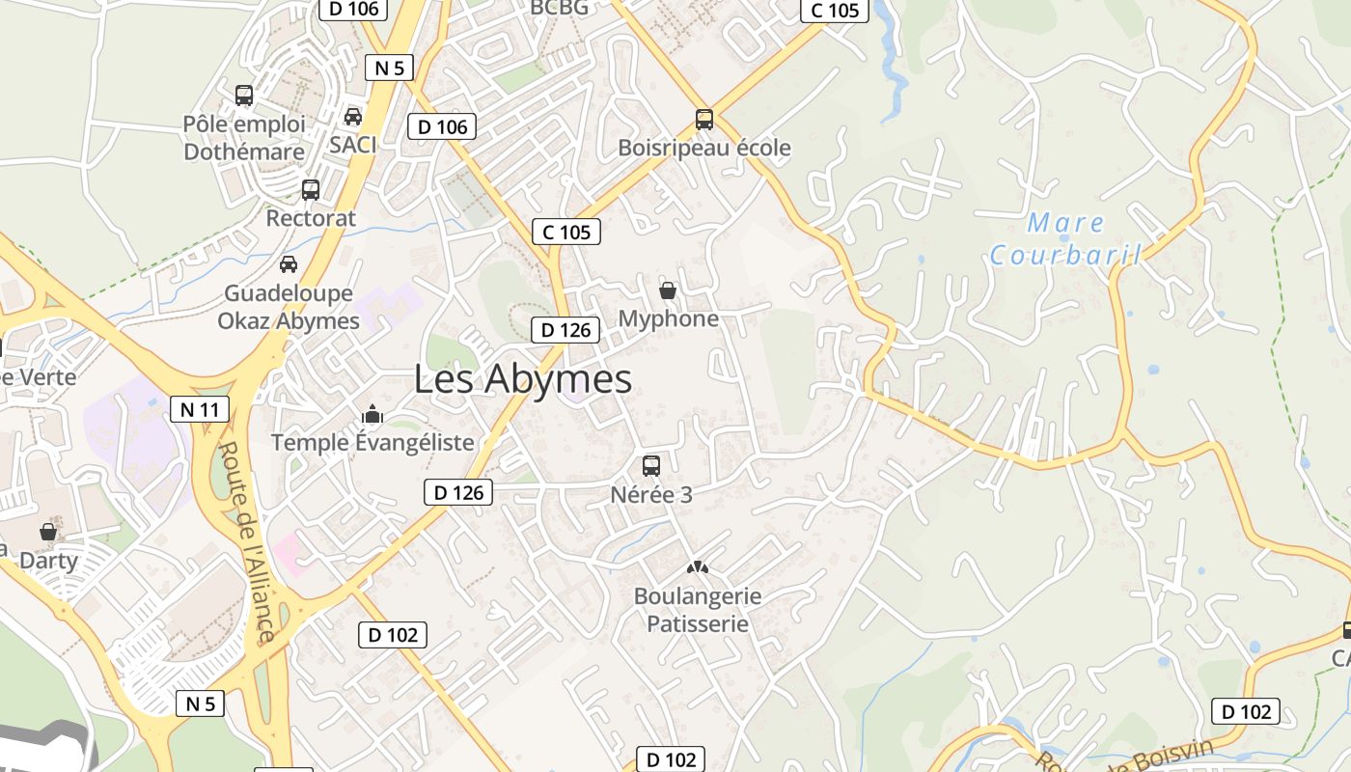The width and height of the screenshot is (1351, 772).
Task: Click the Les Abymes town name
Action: click(522, 379)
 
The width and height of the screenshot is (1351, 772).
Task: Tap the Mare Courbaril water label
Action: click(1065, 239)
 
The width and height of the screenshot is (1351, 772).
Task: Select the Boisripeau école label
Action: click(703, 148)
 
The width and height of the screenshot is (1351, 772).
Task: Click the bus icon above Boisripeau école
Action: click(704, 120)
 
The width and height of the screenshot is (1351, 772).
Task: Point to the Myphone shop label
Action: click(668, 318)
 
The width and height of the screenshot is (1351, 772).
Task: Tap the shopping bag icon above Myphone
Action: click(667, 289)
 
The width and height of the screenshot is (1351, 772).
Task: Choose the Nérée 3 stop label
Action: click(651, 495)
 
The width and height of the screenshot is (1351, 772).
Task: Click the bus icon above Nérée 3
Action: click(651, 466)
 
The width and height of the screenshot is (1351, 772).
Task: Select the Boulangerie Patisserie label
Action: click(698, 610)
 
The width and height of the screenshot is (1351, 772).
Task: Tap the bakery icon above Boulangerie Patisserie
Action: click(697, 567)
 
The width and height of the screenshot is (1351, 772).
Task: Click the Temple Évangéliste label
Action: click(372, 442)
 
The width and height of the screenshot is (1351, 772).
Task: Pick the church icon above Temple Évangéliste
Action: click(372, 415)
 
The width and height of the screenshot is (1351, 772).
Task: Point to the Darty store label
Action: click(48, 560)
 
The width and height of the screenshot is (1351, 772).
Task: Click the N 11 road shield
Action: click(200, 409)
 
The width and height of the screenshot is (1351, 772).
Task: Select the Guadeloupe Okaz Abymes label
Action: click(289, 307)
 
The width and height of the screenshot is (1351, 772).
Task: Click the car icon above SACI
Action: click(353, 117)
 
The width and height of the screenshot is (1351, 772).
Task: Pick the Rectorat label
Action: click(311, 218)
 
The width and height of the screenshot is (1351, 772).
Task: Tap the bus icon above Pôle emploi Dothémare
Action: click(244, 96)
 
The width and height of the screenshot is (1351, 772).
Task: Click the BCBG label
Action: click(559, 8)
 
